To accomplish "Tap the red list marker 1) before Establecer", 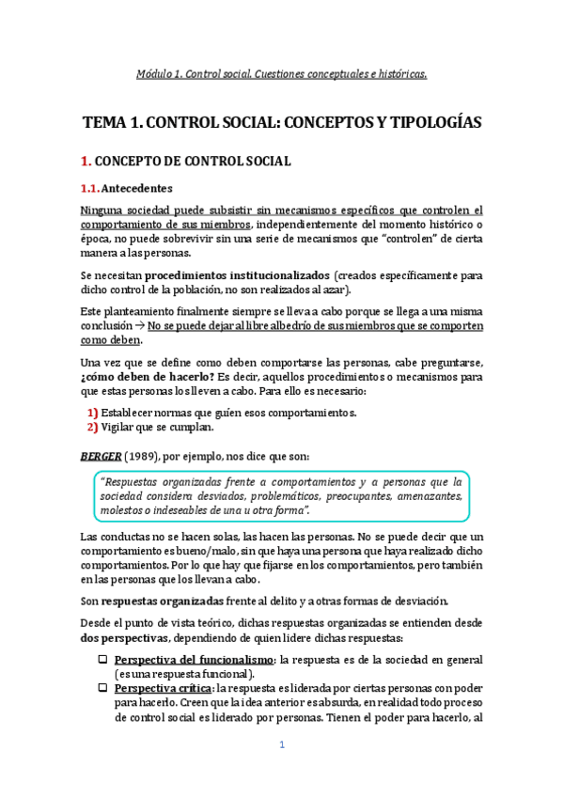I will tap(92, 414).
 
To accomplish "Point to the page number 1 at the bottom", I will tap(281, 745).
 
